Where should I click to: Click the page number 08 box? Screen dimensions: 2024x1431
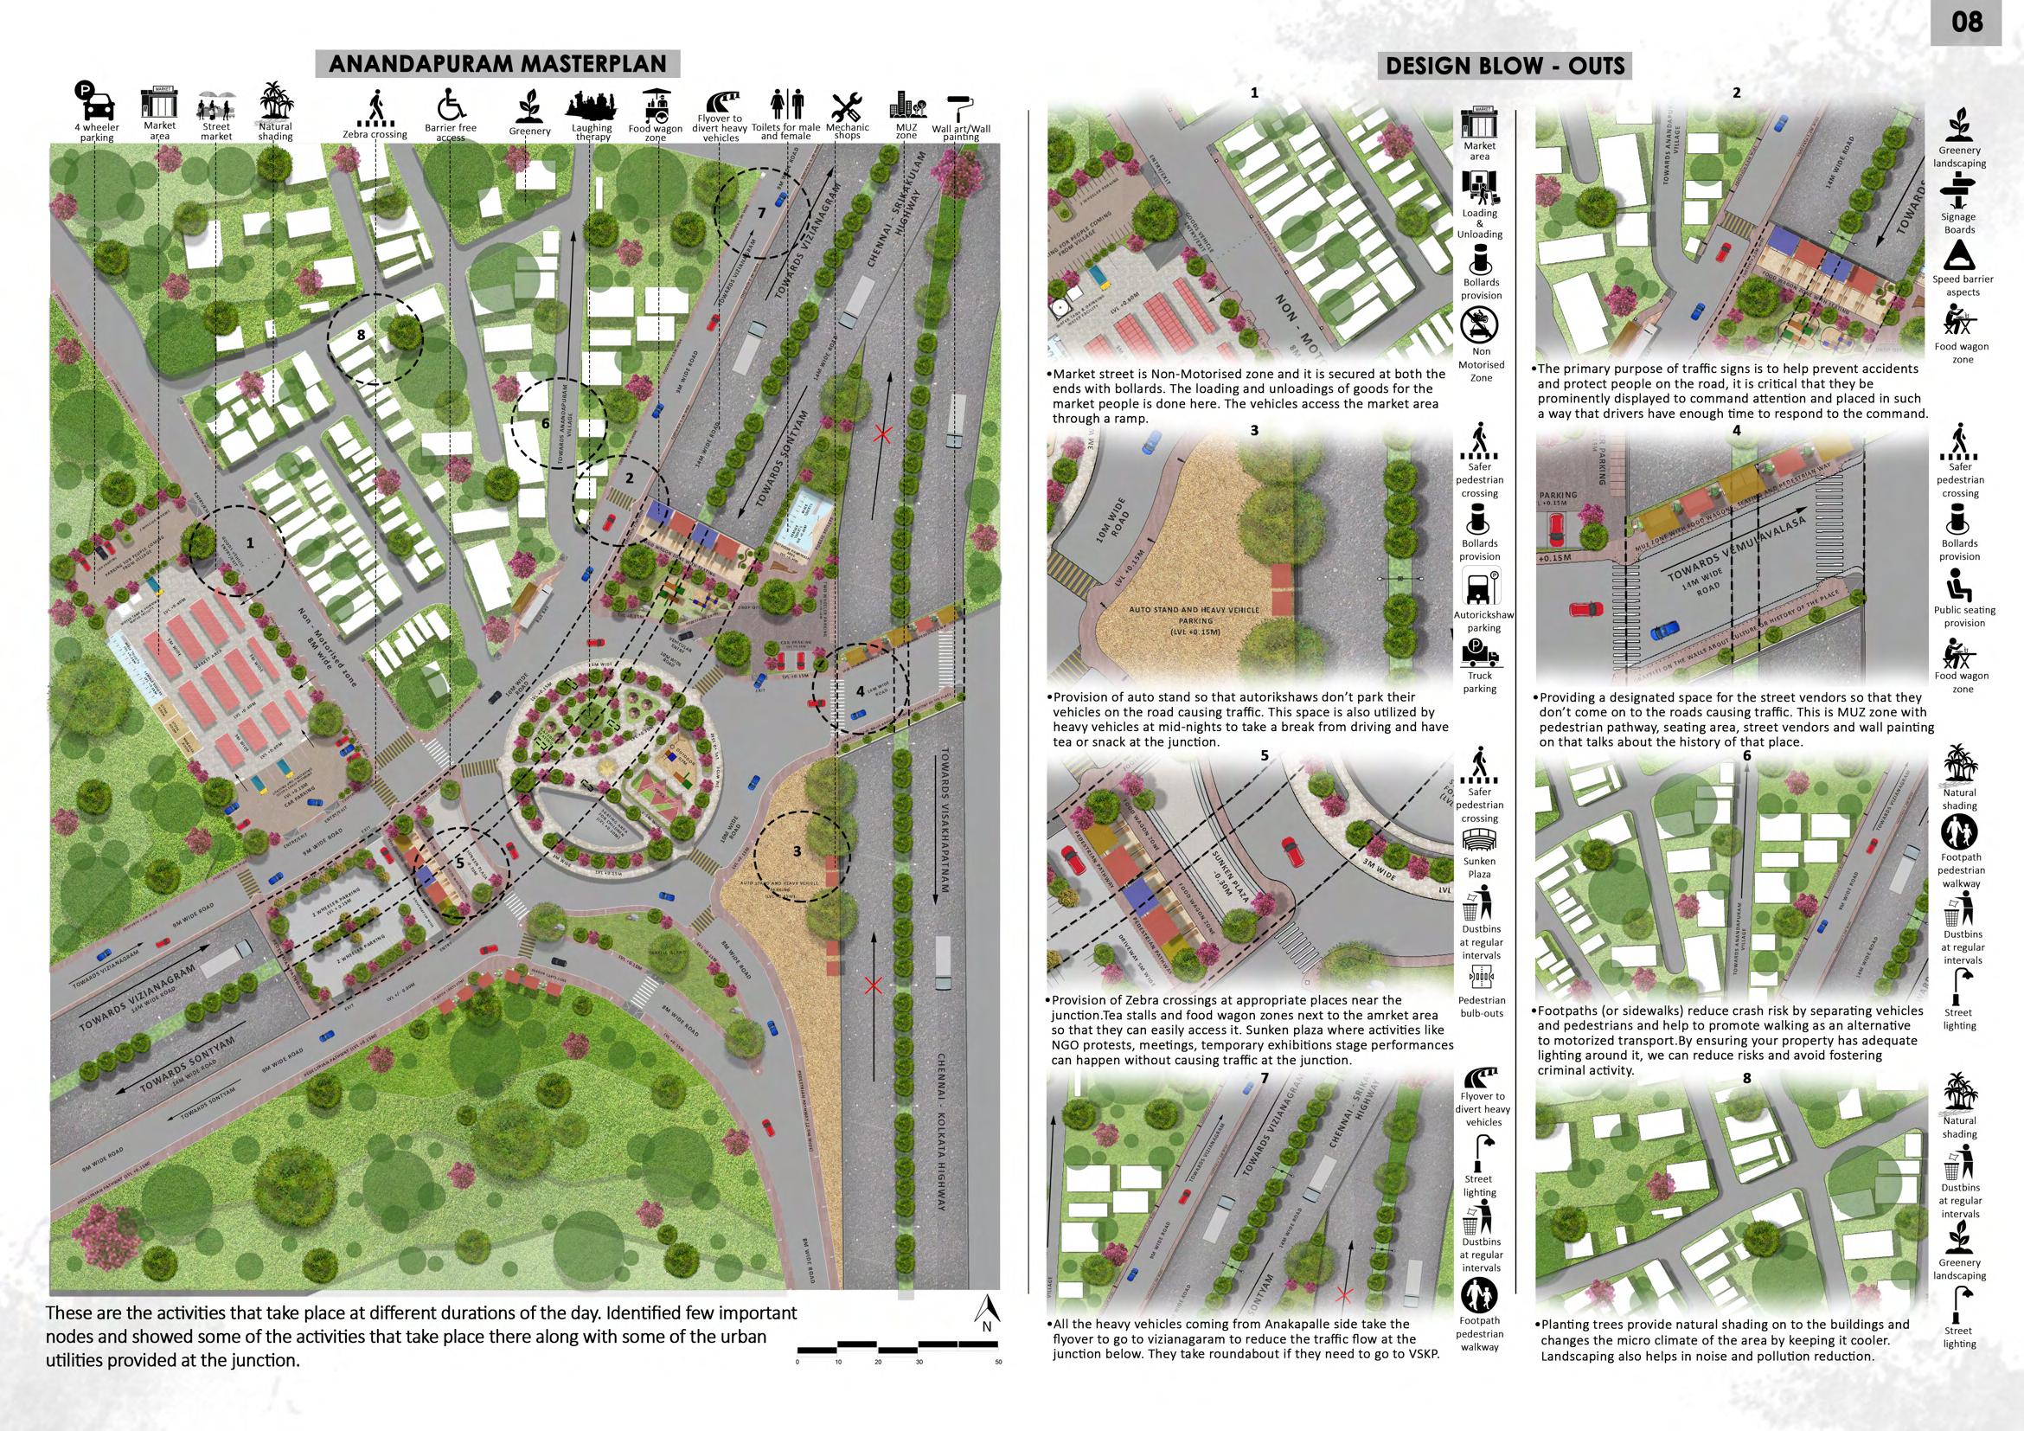tap(1968, 22)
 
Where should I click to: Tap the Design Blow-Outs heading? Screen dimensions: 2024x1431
tap(1506, 65)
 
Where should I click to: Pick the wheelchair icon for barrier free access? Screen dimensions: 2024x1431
tap(450, 104)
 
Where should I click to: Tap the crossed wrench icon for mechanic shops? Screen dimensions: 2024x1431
tap(846, 106)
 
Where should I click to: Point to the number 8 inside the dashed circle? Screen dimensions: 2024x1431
tap(361, 335)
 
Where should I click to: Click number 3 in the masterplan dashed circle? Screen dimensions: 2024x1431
tap(796, 850)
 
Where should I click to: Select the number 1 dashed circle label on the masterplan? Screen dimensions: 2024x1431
tap(250, 544)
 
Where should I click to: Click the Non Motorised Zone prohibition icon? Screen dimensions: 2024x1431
tap(1480, 324)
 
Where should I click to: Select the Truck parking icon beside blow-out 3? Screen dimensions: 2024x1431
tap(1480, 657)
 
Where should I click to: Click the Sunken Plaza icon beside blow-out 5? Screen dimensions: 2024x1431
tap(1480, 839)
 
